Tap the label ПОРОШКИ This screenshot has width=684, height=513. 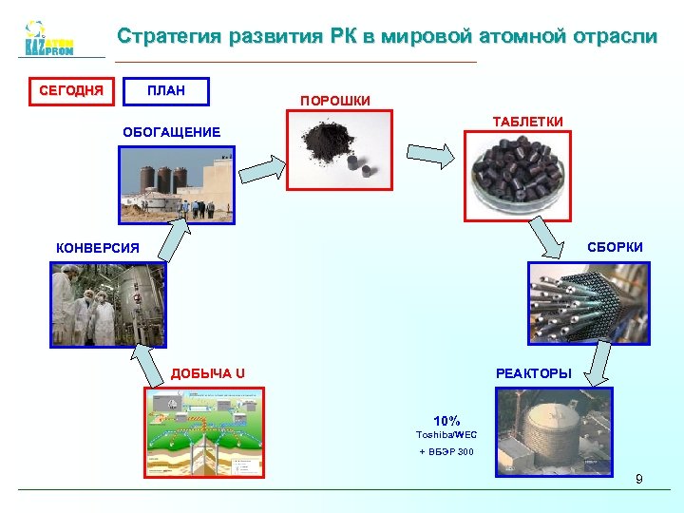click(335, 100)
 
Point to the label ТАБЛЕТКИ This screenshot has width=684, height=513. click(527, 122)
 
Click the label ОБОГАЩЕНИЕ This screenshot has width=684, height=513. click(172, 132)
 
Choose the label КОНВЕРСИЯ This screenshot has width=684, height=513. click(98, 248)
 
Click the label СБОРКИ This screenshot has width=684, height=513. click(615, 247)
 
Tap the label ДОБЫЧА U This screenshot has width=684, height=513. click(208, 372)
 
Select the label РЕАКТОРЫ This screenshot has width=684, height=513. click(534, 373)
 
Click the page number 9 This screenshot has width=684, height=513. click(639, 479)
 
